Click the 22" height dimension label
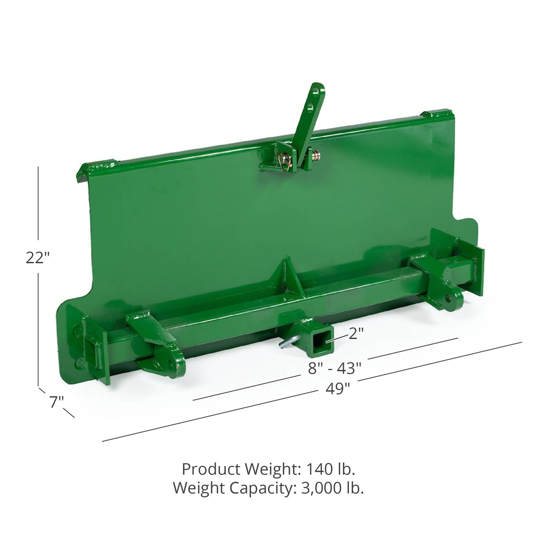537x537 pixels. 38,258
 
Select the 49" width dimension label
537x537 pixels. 338,390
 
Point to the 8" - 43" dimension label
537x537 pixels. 335,369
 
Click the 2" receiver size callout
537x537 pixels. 356,334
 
